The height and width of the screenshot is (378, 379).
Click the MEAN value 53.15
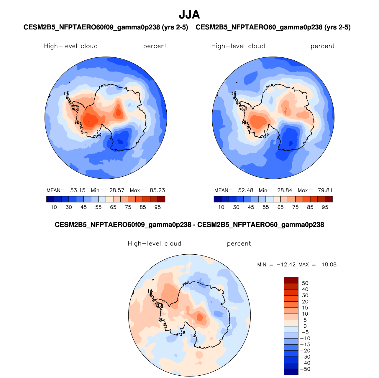78,190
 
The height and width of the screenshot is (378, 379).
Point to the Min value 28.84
285,190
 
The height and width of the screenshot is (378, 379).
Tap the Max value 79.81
325,190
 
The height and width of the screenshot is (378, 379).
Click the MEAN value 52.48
245,190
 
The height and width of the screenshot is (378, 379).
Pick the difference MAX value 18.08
329,264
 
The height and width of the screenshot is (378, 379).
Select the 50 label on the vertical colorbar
305,283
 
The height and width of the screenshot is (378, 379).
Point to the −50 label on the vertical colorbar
305,369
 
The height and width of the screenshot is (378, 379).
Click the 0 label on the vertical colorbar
305,326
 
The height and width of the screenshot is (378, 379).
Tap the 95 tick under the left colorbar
157,207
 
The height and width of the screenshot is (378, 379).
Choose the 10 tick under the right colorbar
221,207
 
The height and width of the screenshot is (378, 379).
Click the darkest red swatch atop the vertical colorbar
291,280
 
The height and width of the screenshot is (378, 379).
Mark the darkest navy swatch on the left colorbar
50,199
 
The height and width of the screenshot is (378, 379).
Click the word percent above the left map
155,46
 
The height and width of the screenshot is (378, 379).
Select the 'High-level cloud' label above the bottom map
154,244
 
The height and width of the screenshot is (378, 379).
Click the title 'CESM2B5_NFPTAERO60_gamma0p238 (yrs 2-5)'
273,27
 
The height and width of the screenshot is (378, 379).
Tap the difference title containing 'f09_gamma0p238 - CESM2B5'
189,225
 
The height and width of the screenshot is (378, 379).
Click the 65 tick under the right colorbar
280,207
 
